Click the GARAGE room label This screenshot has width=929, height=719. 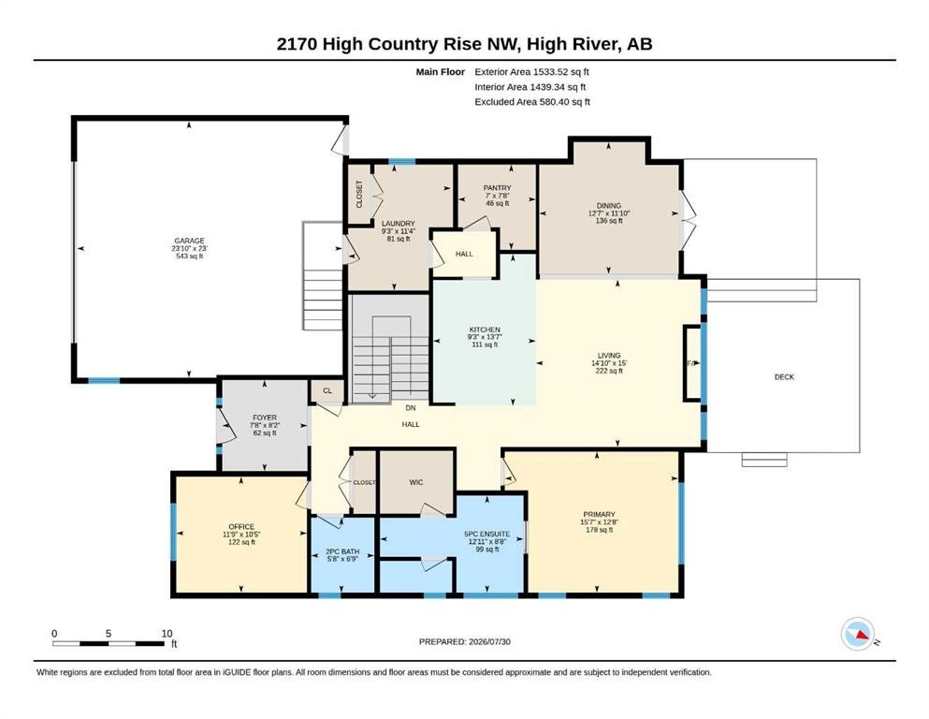(189, 241)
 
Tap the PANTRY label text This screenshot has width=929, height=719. (497, 188)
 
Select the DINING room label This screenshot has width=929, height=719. (608, 206)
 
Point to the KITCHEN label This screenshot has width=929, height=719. (485, 330)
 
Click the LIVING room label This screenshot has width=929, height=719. (609, 356)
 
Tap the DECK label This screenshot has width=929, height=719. (784, 377)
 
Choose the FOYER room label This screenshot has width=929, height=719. (264, 418)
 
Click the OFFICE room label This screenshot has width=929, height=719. (241, 527)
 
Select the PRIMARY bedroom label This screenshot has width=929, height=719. (599, 515)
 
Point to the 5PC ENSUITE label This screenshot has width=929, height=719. (487, 534)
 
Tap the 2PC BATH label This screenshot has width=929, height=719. (342, 551)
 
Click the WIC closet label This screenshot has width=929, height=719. (416, 482)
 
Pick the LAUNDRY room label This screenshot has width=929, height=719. (399, 224)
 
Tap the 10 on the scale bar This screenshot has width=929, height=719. (167, 634)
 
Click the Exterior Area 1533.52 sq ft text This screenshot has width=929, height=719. (531, 72)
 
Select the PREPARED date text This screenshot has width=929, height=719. (464, 641)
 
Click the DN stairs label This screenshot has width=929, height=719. (411, 408)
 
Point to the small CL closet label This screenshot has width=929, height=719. (327, 390)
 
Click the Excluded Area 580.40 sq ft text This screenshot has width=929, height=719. (532, 102)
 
